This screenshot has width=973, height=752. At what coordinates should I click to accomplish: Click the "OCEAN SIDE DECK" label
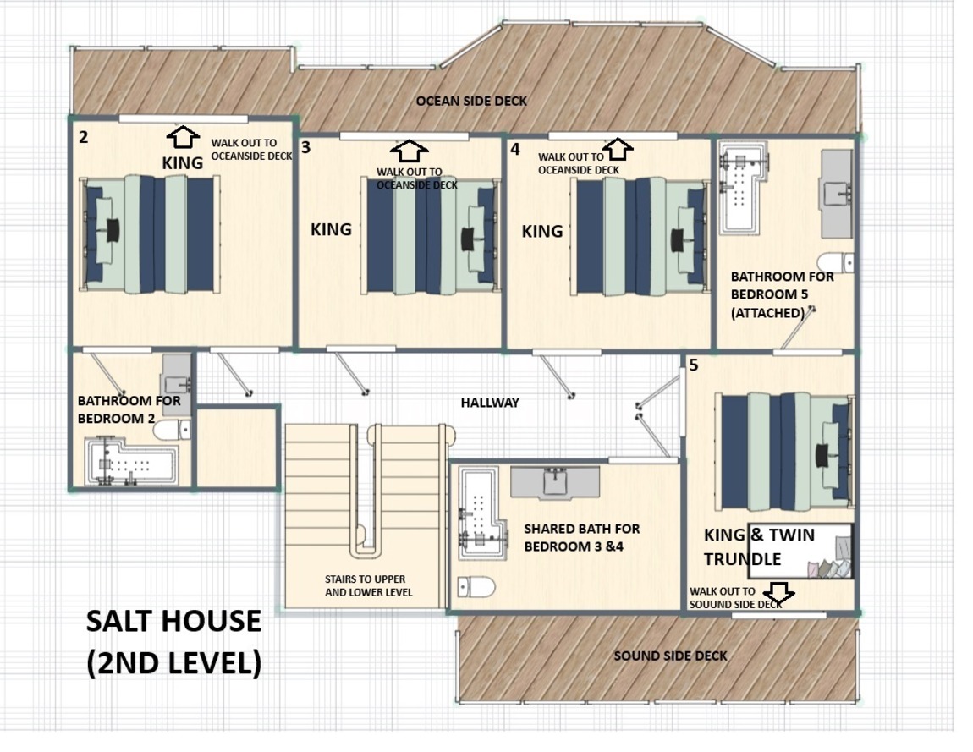point(471,102)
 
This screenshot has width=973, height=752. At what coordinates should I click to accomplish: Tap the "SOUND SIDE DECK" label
point(670,656)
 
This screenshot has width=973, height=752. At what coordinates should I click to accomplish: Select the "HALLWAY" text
point(490,403)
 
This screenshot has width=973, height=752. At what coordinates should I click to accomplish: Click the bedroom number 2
point(84,137)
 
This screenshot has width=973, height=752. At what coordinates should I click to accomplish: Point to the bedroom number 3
point(305,148)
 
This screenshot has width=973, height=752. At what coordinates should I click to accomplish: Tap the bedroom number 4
point(515,150)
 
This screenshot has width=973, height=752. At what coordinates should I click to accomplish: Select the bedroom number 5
point(694,365)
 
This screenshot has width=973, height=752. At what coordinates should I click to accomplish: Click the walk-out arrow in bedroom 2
point(183,136)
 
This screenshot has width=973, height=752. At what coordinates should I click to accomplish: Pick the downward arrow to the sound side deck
point(778,593)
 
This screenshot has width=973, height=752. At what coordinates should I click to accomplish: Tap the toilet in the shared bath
point(476,586)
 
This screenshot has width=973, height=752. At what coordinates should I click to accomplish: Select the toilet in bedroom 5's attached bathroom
point(835,262)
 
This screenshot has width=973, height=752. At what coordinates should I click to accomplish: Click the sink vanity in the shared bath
point(555,482)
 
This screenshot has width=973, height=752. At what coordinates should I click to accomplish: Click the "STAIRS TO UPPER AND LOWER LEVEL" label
point(369,585)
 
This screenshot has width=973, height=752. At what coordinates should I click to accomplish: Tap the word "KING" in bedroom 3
point(331,229)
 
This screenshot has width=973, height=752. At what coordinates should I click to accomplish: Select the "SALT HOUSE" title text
point(173,621)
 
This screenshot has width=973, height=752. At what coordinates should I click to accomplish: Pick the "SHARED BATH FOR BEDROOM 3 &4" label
point(581,537)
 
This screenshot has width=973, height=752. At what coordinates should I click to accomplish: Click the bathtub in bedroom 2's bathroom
point(131,462)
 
